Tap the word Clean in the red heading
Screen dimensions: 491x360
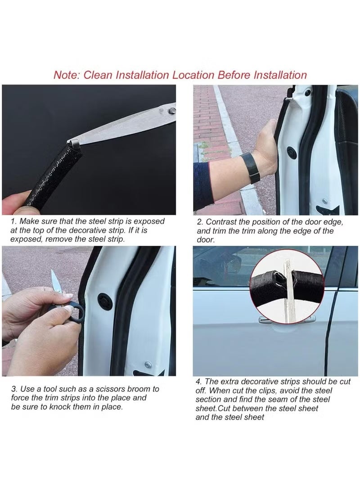point(98,75)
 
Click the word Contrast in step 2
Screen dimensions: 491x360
point(221,222)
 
